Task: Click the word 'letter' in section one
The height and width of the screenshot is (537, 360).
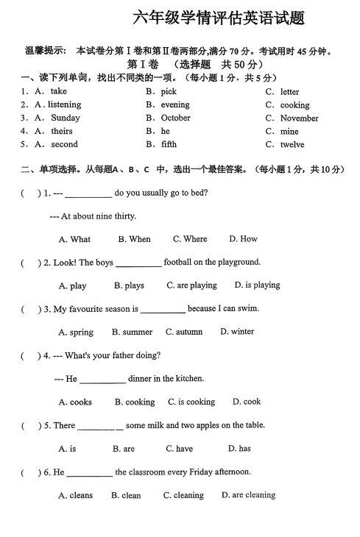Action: click(289, 92)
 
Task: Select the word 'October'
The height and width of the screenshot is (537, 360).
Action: click(175, 118)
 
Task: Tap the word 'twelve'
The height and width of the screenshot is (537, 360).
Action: click(292, 145)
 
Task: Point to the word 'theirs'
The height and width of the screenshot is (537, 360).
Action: click(62, 131)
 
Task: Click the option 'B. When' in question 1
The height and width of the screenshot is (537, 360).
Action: click(134, 239)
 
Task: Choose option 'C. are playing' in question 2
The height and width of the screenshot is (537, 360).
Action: click(191, 285)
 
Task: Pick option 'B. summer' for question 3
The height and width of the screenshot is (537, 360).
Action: click(133, 332)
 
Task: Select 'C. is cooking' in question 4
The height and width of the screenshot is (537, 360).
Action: click(191, 402)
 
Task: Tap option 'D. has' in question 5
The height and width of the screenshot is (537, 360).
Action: click(239, 449)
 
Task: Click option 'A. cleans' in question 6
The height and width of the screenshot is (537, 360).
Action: click(76, 496)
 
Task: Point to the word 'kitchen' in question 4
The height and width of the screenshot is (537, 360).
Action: click(188, 379)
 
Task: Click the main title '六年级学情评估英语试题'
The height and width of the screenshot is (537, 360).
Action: click(218, 18)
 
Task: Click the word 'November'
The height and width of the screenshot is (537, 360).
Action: click(299, 118)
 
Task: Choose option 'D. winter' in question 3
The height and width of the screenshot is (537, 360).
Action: click(237, 332)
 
